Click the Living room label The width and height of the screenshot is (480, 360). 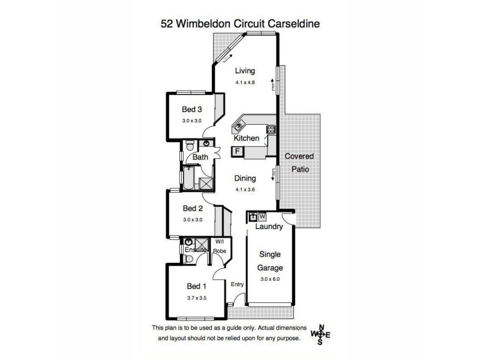coord(245,71)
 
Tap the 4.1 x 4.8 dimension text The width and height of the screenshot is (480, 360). coord(245,83)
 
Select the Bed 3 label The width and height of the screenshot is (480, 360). coord(192,110)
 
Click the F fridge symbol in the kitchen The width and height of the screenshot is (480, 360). coord(238,151)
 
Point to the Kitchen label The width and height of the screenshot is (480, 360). coord(247,139)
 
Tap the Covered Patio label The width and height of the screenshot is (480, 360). coord(299,163)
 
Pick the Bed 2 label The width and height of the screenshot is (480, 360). coord(192,209)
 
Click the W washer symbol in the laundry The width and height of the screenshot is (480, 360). coord(262,216)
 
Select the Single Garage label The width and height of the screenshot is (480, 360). coord(271,261)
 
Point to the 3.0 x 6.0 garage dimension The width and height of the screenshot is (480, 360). coord(271,279)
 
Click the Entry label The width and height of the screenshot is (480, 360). coord(236,286)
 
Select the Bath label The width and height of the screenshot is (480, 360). coord(200,158)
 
